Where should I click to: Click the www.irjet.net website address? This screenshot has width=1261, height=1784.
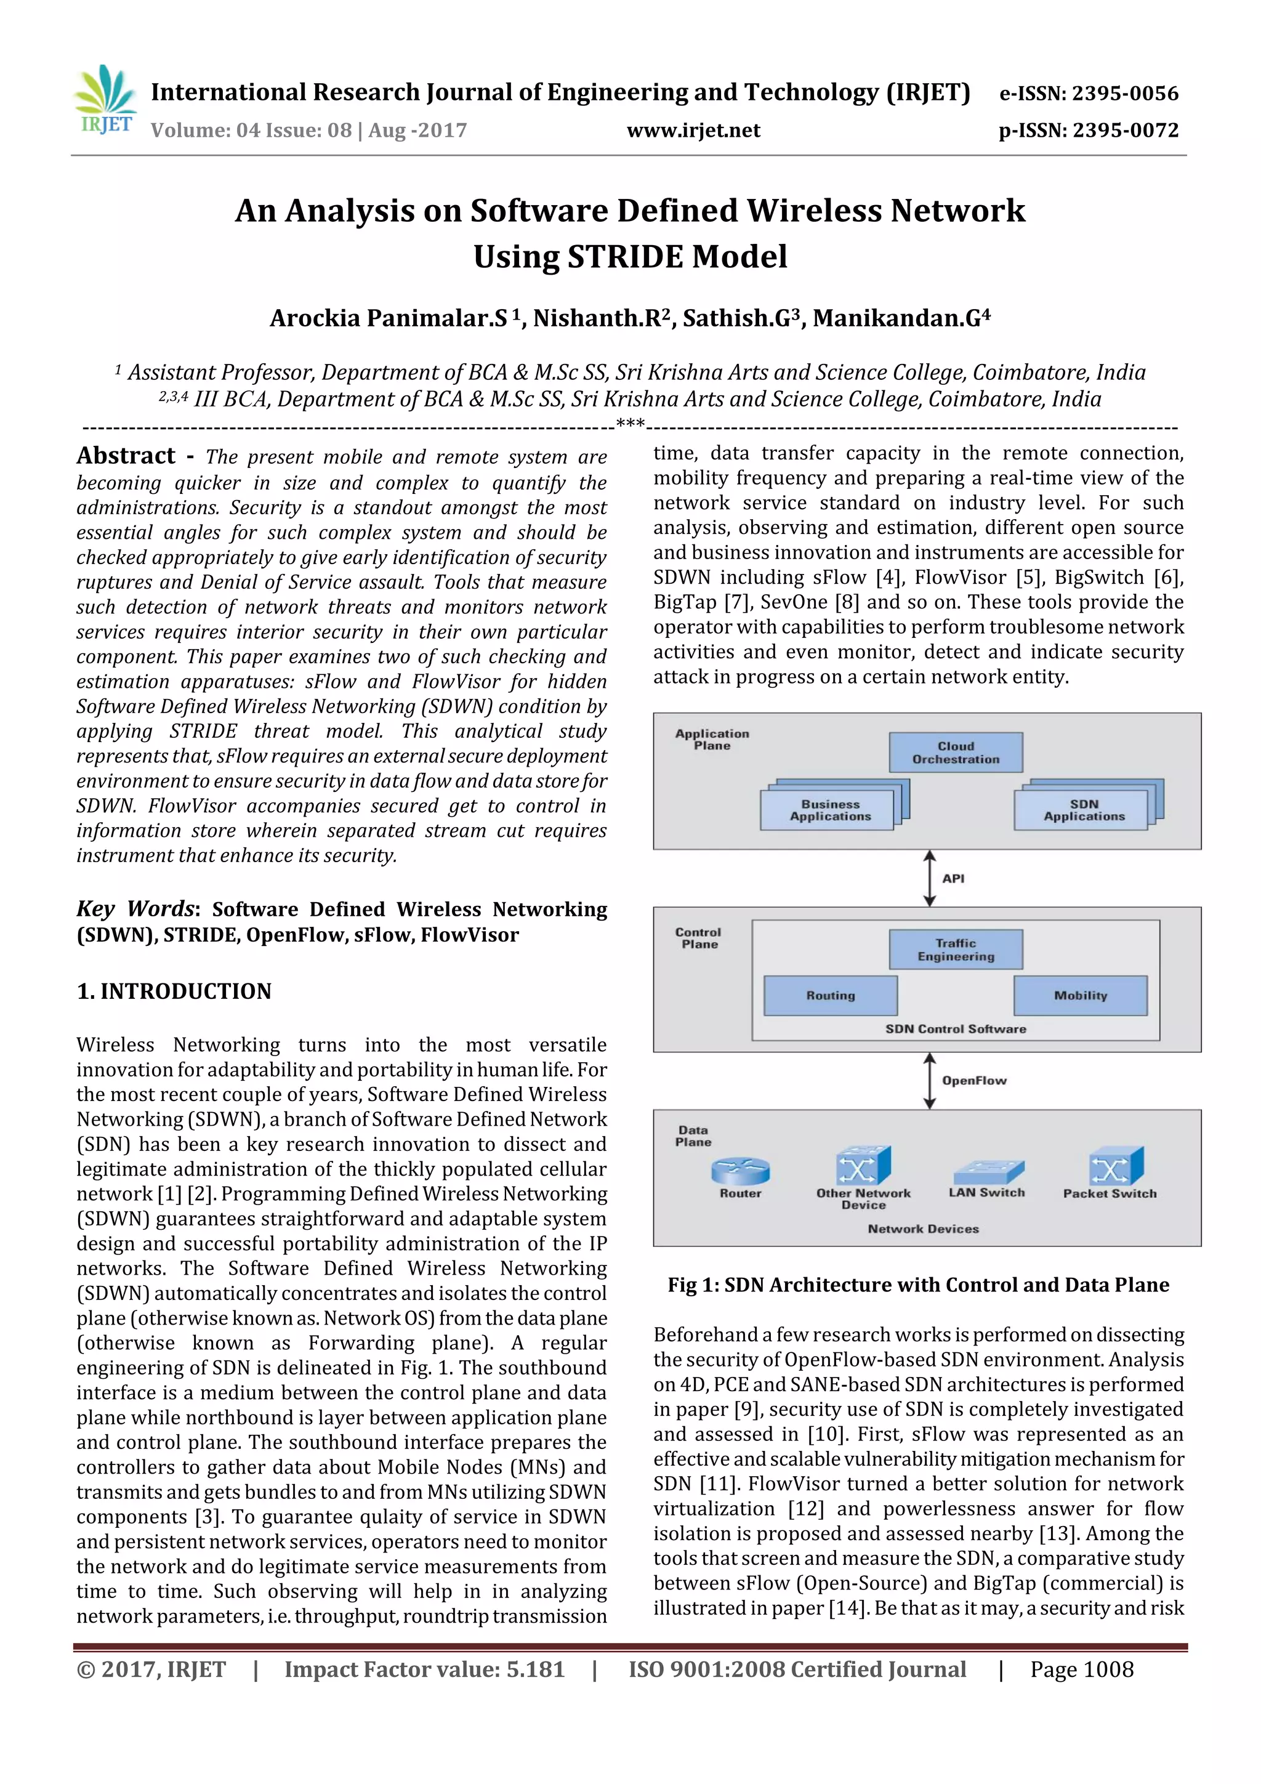pos(693,131)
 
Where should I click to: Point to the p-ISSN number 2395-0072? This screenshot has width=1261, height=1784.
pos(1125,131)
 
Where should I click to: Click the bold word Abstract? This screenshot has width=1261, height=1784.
pos(126,456)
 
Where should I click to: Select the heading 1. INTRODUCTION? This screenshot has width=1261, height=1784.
pos(174,991)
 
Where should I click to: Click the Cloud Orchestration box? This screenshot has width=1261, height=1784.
pos(955,752)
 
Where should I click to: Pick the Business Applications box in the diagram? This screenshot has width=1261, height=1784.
pos(829,810)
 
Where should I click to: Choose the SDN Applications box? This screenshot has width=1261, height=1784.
pos(1083,810)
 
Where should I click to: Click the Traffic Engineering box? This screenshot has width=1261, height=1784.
pos(955,950)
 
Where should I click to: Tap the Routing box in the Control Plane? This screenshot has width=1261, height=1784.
pos(830,995)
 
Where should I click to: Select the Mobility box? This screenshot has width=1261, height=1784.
pos(1080,995)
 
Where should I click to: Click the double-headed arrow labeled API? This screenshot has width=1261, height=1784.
pos(929,878)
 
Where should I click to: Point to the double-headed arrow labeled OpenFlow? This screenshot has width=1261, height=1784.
pos(929,1081)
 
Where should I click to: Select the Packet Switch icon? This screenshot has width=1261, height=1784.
pos(1115,1166)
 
